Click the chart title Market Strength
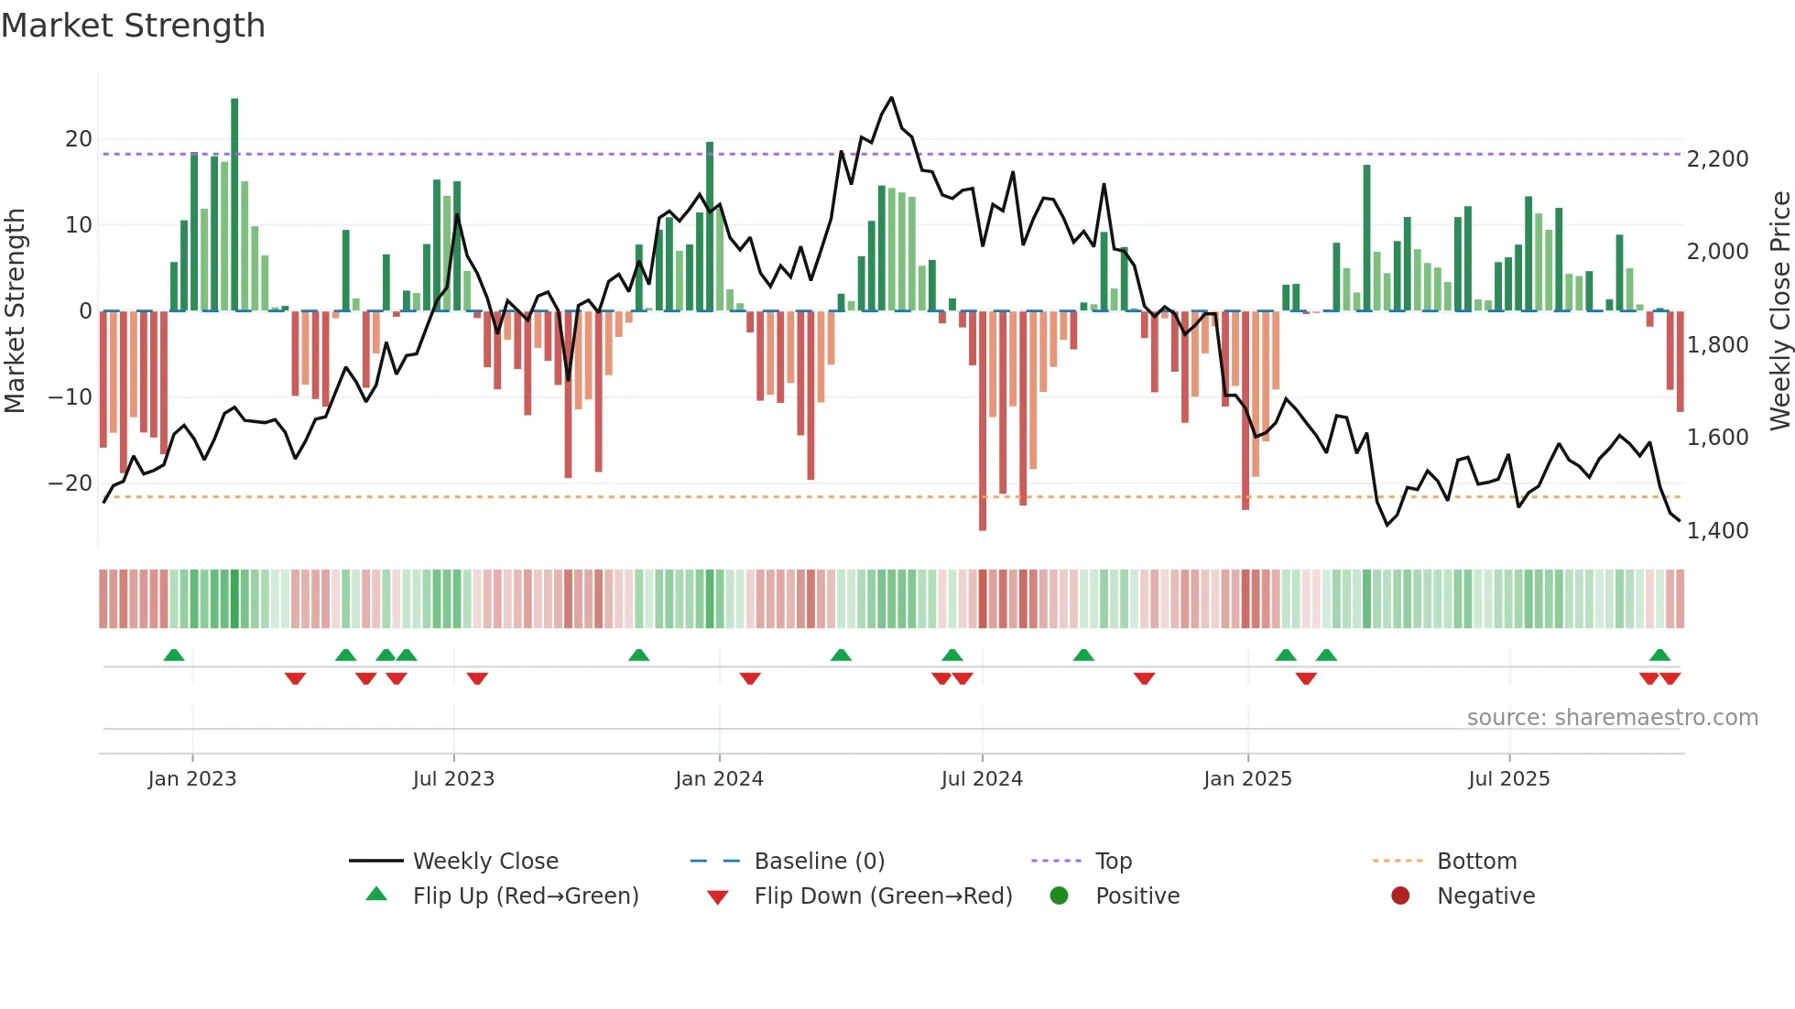click(x=133, y=26)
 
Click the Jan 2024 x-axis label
click(x=719, y=779)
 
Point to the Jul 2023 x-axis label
click(x=453, y=779)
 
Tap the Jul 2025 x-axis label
click(x=1508, y=779)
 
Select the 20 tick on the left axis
click(x=79, y=139)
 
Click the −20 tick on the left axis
click(x=71, y=483)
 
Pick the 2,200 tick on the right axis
click(x=1717, y=159)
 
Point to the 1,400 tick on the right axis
click(x=1717, y=531)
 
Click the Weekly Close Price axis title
click(x=1779, y=311)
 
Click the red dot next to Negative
click(x=1400, y=896)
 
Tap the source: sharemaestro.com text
click(x=1612, y=718)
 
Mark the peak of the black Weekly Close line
click(x=891, y=98)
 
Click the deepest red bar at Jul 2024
click(x=983, y=421)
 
